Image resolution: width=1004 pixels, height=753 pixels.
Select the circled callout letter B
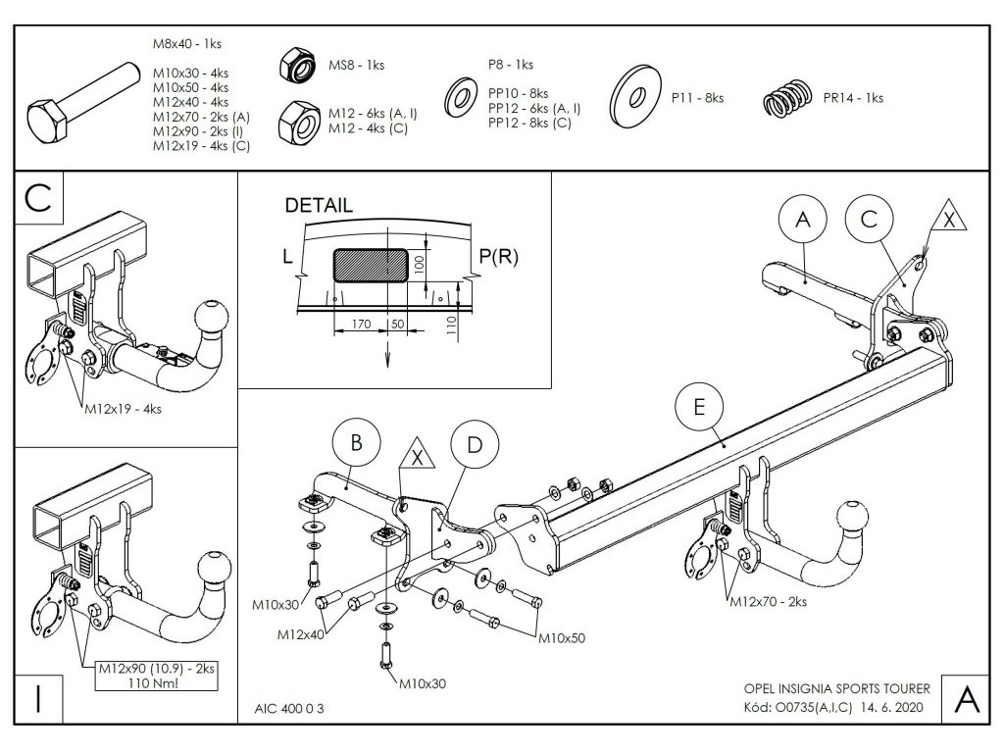[x=357, y=443]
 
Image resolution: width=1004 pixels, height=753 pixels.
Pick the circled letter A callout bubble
[x=803, y=221]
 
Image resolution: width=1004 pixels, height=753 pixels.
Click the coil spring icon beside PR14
[x=788, y=98]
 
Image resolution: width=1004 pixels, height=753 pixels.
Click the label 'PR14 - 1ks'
[x=854, y=98]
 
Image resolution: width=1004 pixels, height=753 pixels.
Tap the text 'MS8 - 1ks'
[x=356, y=65]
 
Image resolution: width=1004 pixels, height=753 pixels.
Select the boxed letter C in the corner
[x=38, y=198]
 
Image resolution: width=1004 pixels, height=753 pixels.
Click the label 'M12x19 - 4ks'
[x=123, y=408]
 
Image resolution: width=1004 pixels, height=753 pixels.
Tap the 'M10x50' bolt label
[x=563, y=637]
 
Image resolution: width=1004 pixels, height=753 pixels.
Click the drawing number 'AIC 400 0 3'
[x=289, y=708]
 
